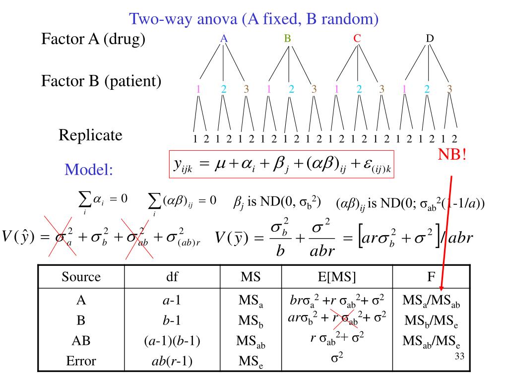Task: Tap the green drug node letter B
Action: click(x=288, y=38)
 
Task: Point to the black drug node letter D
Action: click(x=430, y=38)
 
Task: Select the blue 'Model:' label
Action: click(x=89, y=171)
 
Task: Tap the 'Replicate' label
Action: click(x=90, y=135)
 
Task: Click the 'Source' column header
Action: click(x=81, y=277)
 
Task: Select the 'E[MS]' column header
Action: click(x=337, y=277)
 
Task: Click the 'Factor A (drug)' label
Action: click(x=93, y=39)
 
